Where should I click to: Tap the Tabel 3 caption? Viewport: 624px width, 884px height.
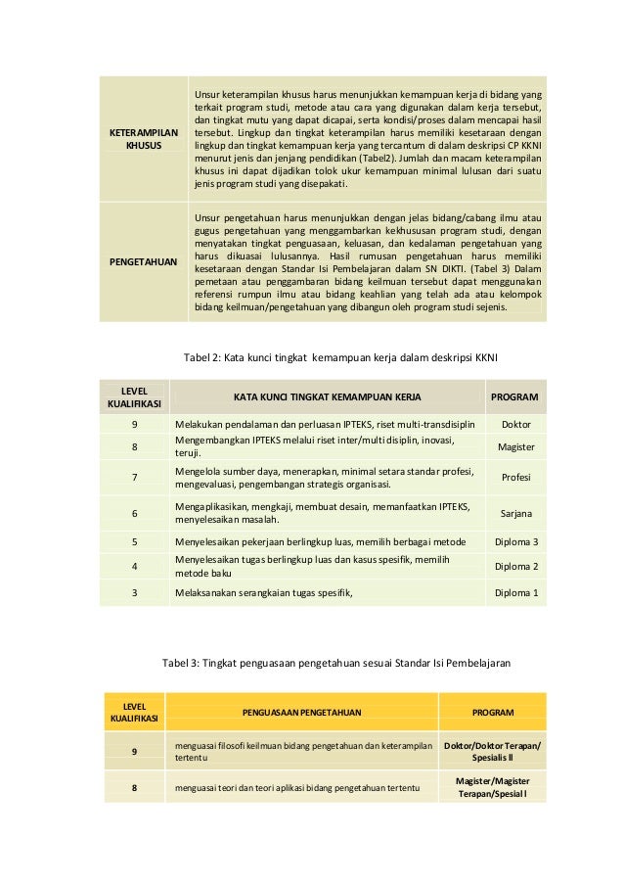[336, 663]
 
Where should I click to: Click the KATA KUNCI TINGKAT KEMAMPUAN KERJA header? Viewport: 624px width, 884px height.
[322, 396]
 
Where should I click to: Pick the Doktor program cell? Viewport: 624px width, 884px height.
[515, 425]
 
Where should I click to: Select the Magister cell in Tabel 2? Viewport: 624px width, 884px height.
[515, 446]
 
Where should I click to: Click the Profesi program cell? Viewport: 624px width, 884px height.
[515, 478]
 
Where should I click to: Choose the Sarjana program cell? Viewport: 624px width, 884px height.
[515, 512]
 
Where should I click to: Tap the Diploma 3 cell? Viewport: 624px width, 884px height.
[515, 541]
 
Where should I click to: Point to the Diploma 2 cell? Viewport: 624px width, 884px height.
[515, 566]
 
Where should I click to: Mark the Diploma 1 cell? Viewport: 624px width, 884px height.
[515, 593]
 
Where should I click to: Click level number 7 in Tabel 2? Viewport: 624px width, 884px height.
[134, 478]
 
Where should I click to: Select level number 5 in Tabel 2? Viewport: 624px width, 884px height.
[134, 541]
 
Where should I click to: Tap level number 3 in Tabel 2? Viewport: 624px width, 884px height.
[134, 593]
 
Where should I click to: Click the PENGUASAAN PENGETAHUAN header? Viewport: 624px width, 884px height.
[302, 712]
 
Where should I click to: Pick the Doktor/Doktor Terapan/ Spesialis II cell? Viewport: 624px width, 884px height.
[492, 752]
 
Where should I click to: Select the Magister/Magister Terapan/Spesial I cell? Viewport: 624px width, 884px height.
[492, 787]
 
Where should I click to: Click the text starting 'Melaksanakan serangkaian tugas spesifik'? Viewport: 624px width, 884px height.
[263, 593]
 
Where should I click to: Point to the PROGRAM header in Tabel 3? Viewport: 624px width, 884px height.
[492, 712]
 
